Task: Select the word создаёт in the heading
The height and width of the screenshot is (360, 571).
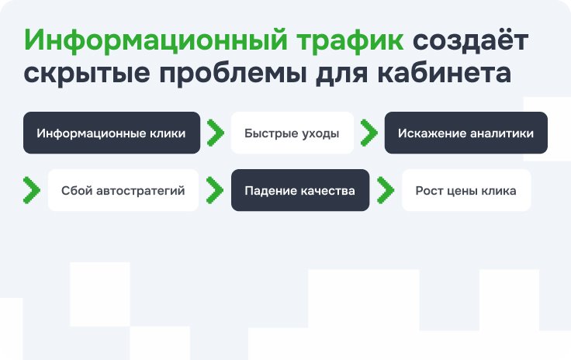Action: [470, 40]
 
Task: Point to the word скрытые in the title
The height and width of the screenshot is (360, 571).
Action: [87, 74]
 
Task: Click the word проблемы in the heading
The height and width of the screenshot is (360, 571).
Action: [233, 74]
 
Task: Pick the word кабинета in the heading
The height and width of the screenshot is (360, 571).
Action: [444, 72]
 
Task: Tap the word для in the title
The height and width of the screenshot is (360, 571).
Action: [341, 74]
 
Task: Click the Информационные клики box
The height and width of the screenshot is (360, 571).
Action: [112, 133]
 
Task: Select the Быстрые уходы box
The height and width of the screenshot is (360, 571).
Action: [292, 133]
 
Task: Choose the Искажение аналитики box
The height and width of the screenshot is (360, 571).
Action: [465, 133]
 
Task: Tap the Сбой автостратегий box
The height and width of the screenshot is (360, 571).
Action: [123, 190]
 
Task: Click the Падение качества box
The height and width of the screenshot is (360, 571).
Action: [300, 190]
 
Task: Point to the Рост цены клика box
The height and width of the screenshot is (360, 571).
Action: [466, 190]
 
